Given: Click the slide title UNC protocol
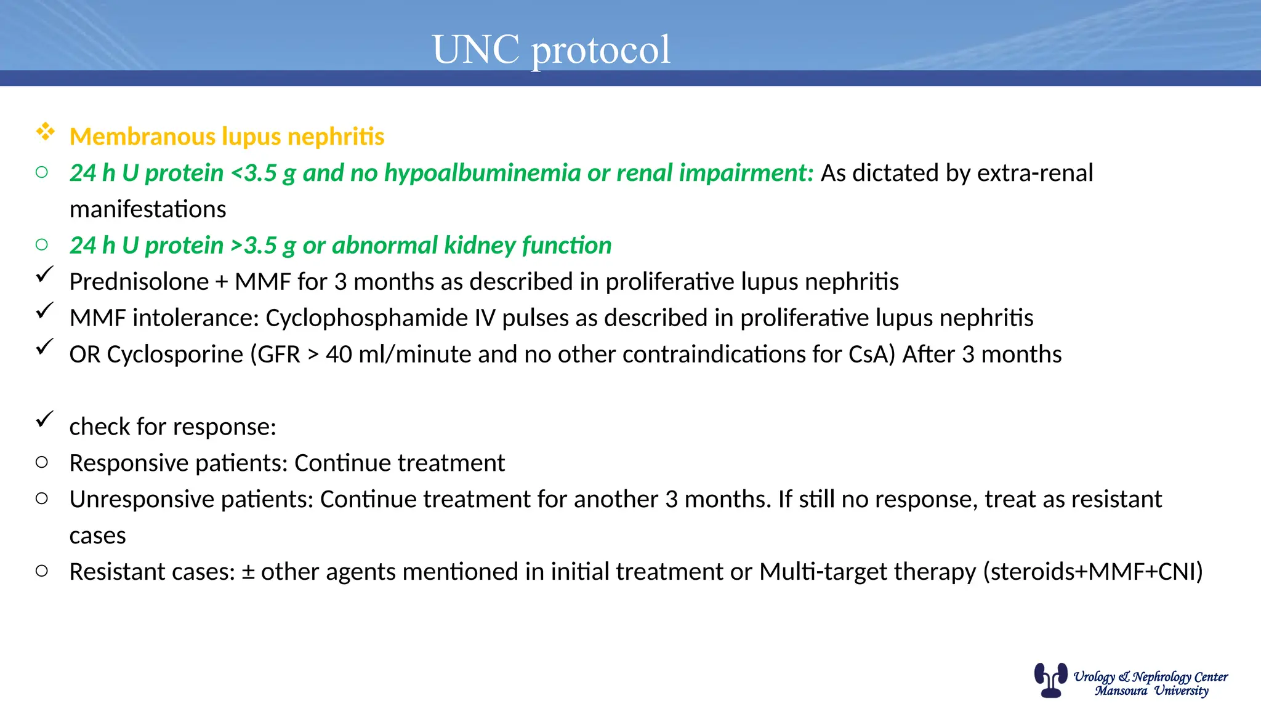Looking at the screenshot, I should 551,49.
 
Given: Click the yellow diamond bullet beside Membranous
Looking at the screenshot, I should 45,132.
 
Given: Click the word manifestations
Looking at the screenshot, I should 148,209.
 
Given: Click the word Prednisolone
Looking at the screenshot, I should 139,282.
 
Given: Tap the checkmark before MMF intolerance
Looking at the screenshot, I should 44,311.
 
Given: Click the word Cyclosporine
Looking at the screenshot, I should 175,354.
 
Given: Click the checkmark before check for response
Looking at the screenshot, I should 44,420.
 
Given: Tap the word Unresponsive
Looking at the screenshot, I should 141,499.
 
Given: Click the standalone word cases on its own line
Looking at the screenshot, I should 97,535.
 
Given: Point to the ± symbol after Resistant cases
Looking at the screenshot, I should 248,572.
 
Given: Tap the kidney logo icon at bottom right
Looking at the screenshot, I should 1050,679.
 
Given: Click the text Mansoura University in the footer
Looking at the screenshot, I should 1151,691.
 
